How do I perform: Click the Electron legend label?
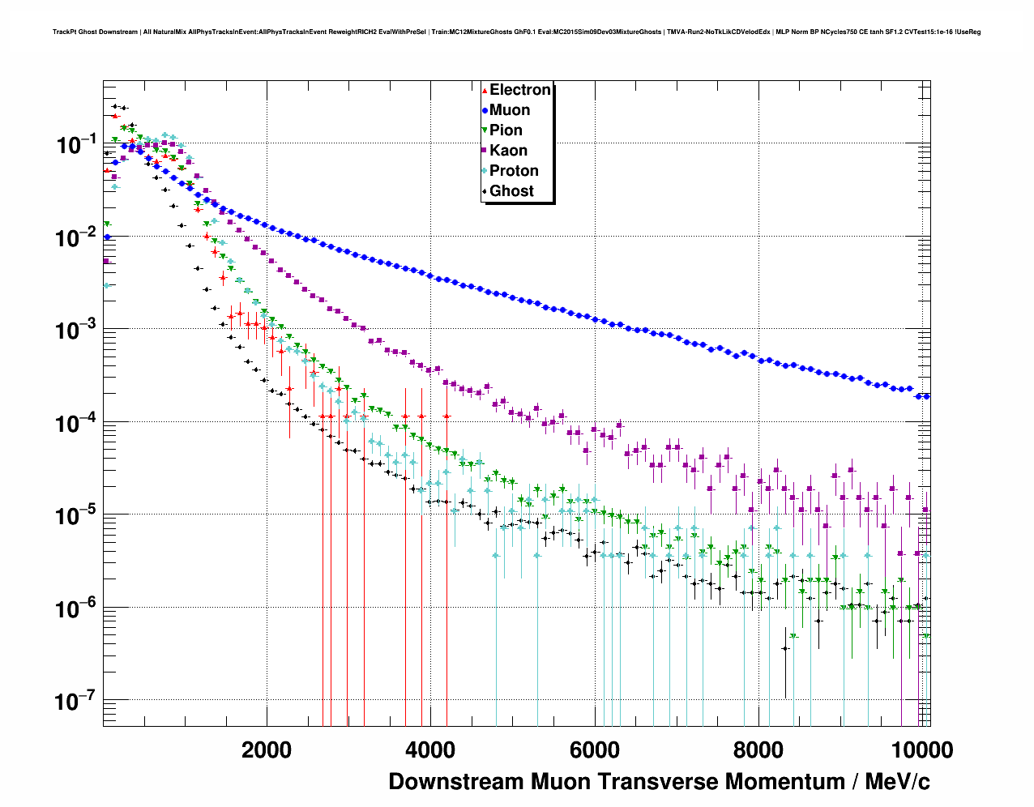[x=520, y=90]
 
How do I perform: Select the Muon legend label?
[x=510, y=110]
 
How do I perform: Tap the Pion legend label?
[x=506, y=130]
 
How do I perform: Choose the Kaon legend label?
[x=508, y=151]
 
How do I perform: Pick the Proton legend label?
[x=514, y=171]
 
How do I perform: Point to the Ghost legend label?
[x=511, y=191]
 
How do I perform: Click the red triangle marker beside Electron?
[x=485, y=90]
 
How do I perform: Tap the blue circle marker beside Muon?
[x=485, y=110]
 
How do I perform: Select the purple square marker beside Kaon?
[x=485, y=151]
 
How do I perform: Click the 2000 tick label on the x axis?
[x=267, y=750]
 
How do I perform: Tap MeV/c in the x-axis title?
[x=897, y=782]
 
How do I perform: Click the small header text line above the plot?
[x=516, y=32]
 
